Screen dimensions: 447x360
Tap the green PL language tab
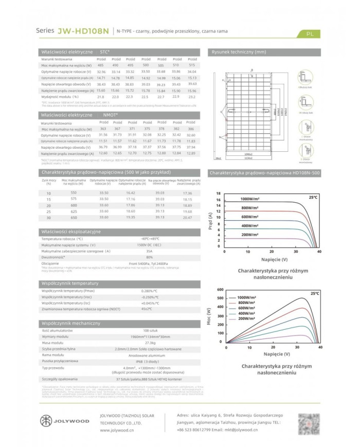(309, 34)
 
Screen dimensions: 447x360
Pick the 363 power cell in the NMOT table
(104, 129)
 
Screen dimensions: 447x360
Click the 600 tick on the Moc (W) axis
(221, 289)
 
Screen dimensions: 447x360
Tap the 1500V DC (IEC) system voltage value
(150, 245)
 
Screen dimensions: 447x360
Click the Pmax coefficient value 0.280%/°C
(149, 291)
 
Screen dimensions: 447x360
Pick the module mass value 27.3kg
(150, 342)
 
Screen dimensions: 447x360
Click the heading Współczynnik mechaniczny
(70, 323)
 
